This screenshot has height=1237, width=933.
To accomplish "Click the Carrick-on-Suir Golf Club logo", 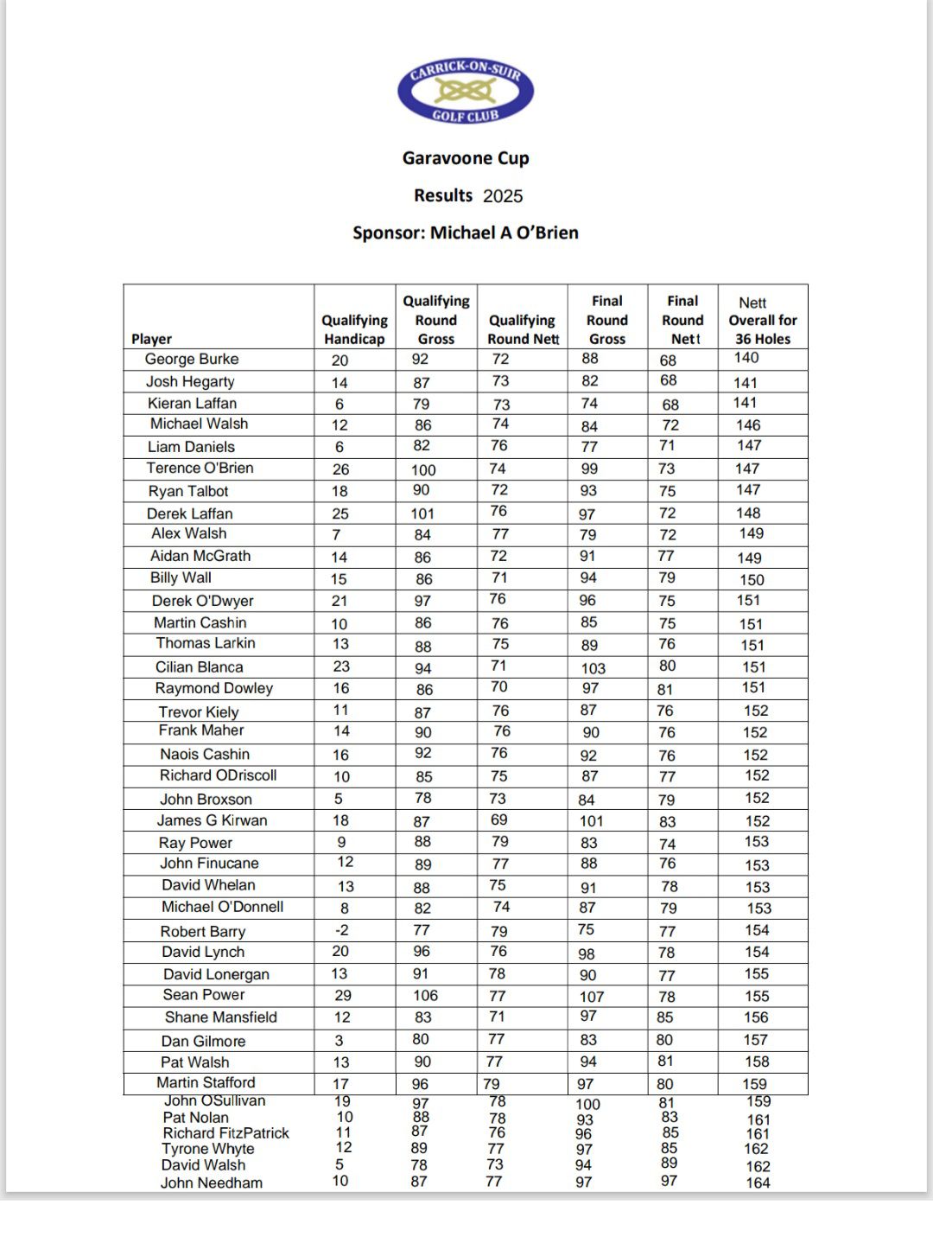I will click(466, 91).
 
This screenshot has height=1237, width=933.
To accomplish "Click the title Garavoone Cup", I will click(466, 158).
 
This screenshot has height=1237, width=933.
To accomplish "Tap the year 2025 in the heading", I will click(503, 196).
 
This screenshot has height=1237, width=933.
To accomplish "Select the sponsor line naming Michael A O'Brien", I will click(466, 233).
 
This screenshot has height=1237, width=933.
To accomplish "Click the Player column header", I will click(152, 339).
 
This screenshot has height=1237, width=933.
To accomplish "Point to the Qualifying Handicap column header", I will click(354, 329).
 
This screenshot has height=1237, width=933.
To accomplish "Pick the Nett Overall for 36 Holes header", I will click(763, 320).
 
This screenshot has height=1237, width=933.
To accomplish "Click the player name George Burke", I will click(192, 359).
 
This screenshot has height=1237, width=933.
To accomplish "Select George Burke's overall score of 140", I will click(746, 358).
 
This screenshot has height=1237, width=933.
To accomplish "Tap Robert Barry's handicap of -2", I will click(342, 930).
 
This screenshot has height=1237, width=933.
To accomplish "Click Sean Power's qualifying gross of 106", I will click(425, 996).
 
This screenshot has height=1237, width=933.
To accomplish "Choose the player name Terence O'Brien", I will click(200, 468).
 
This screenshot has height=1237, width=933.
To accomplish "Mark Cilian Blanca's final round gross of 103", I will click(593, 668).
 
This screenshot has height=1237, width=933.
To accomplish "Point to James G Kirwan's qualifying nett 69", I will click(498, 819).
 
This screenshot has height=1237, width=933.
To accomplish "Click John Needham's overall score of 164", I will click(758, 1183).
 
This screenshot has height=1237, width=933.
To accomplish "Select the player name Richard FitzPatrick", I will click(225, 1133).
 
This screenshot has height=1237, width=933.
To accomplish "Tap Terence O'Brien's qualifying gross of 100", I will click(423, 470).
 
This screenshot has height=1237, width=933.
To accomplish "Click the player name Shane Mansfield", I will click(221, 1017).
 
